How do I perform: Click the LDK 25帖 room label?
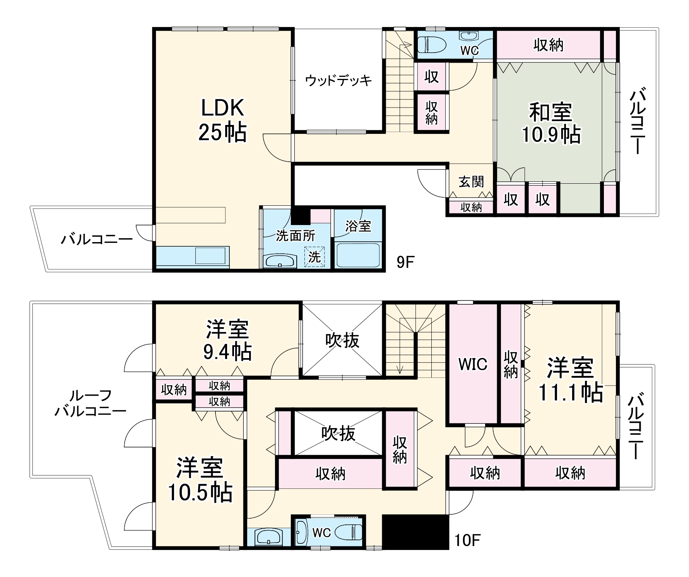tap(222, 121)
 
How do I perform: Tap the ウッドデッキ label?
tap(338, 80)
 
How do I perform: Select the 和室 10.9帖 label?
tap(551, 123)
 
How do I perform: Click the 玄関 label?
tap(471, 181)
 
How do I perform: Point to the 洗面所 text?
tap(295, 236)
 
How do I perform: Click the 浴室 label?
tap(358, 226)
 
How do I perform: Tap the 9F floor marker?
tap(405, 263)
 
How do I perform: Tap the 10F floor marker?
tap(467, 541)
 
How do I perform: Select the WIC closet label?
tap(473, 364)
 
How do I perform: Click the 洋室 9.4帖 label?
tap(227, 340)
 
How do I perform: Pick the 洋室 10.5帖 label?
tap(200, 480)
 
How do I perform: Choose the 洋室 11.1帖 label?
tap(570, 380)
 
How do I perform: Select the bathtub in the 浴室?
tap(358, 254)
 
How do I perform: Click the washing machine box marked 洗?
tap(314, 256)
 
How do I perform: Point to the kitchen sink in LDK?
tap(210, 256)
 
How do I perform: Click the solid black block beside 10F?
tap(415, 532)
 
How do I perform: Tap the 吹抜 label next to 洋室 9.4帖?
tap(342, 340)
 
